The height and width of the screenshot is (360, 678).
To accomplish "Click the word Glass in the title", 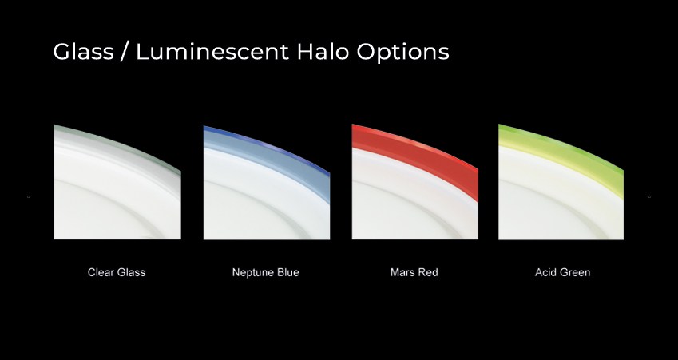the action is click(x=84, y=51).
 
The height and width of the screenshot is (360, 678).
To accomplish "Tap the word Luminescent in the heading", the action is click(x=212, y=51).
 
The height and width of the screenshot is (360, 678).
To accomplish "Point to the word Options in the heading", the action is click(x=403, y=53).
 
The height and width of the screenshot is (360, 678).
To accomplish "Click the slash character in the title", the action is click(x=125, y=51).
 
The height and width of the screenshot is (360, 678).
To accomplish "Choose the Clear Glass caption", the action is click(x=117, y=272).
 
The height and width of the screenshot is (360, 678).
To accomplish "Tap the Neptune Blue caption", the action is click(x=265, y=272).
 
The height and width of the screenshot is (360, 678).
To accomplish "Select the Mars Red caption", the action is click(x=414, y=272).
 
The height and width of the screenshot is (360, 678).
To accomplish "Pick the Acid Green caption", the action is click(x=562, y=272).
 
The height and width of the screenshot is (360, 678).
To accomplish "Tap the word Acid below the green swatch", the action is click(x=545, y=272).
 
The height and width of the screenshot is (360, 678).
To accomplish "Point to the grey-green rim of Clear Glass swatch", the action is click(x=117, y=141).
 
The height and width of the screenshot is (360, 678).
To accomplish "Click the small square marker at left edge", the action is click(x=29, y=196).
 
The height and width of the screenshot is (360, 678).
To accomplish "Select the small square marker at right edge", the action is click(x=649, y=196).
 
